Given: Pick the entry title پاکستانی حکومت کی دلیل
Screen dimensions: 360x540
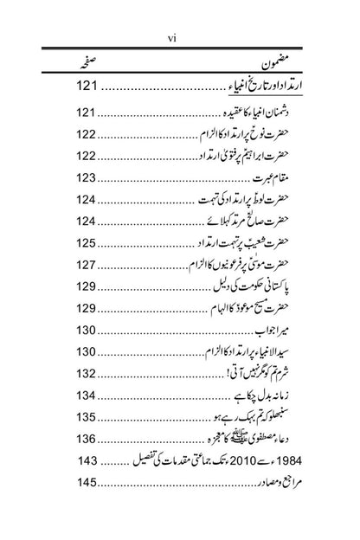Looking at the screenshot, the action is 246,288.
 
